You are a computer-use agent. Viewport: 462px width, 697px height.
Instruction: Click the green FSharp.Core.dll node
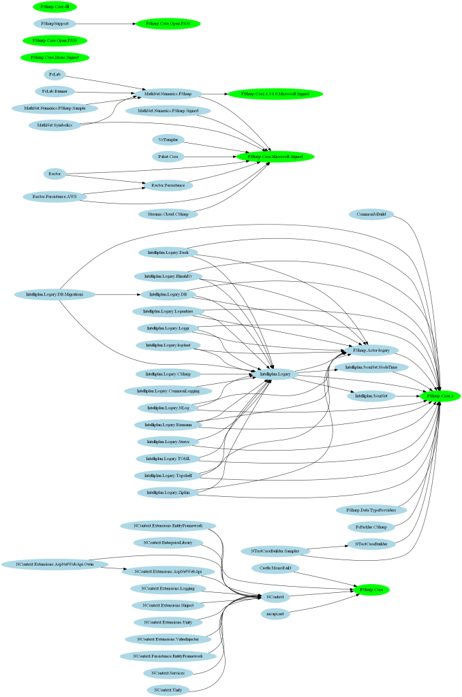coord(55,6)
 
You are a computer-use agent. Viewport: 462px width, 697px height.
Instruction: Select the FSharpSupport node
coord(55,24)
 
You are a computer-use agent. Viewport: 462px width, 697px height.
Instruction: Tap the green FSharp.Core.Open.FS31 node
coord(168,24)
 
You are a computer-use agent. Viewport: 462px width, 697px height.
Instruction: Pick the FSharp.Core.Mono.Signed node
coord(55,58)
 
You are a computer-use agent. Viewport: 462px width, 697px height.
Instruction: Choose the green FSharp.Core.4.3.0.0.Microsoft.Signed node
coord(275,93)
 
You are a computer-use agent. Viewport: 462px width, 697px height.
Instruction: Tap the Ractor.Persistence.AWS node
coord(55,197)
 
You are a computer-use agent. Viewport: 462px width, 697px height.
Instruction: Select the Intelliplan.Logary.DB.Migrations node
coord(55,295)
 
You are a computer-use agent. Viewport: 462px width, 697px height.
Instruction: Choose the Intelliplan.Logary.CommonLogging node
coord(168,391)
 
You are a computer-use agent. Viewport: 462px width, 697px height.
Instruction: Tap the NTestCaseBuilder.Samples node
coord(275,551)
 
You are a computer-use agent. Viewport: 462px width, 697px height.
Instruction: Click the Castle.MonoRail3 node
coord(275,568)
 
